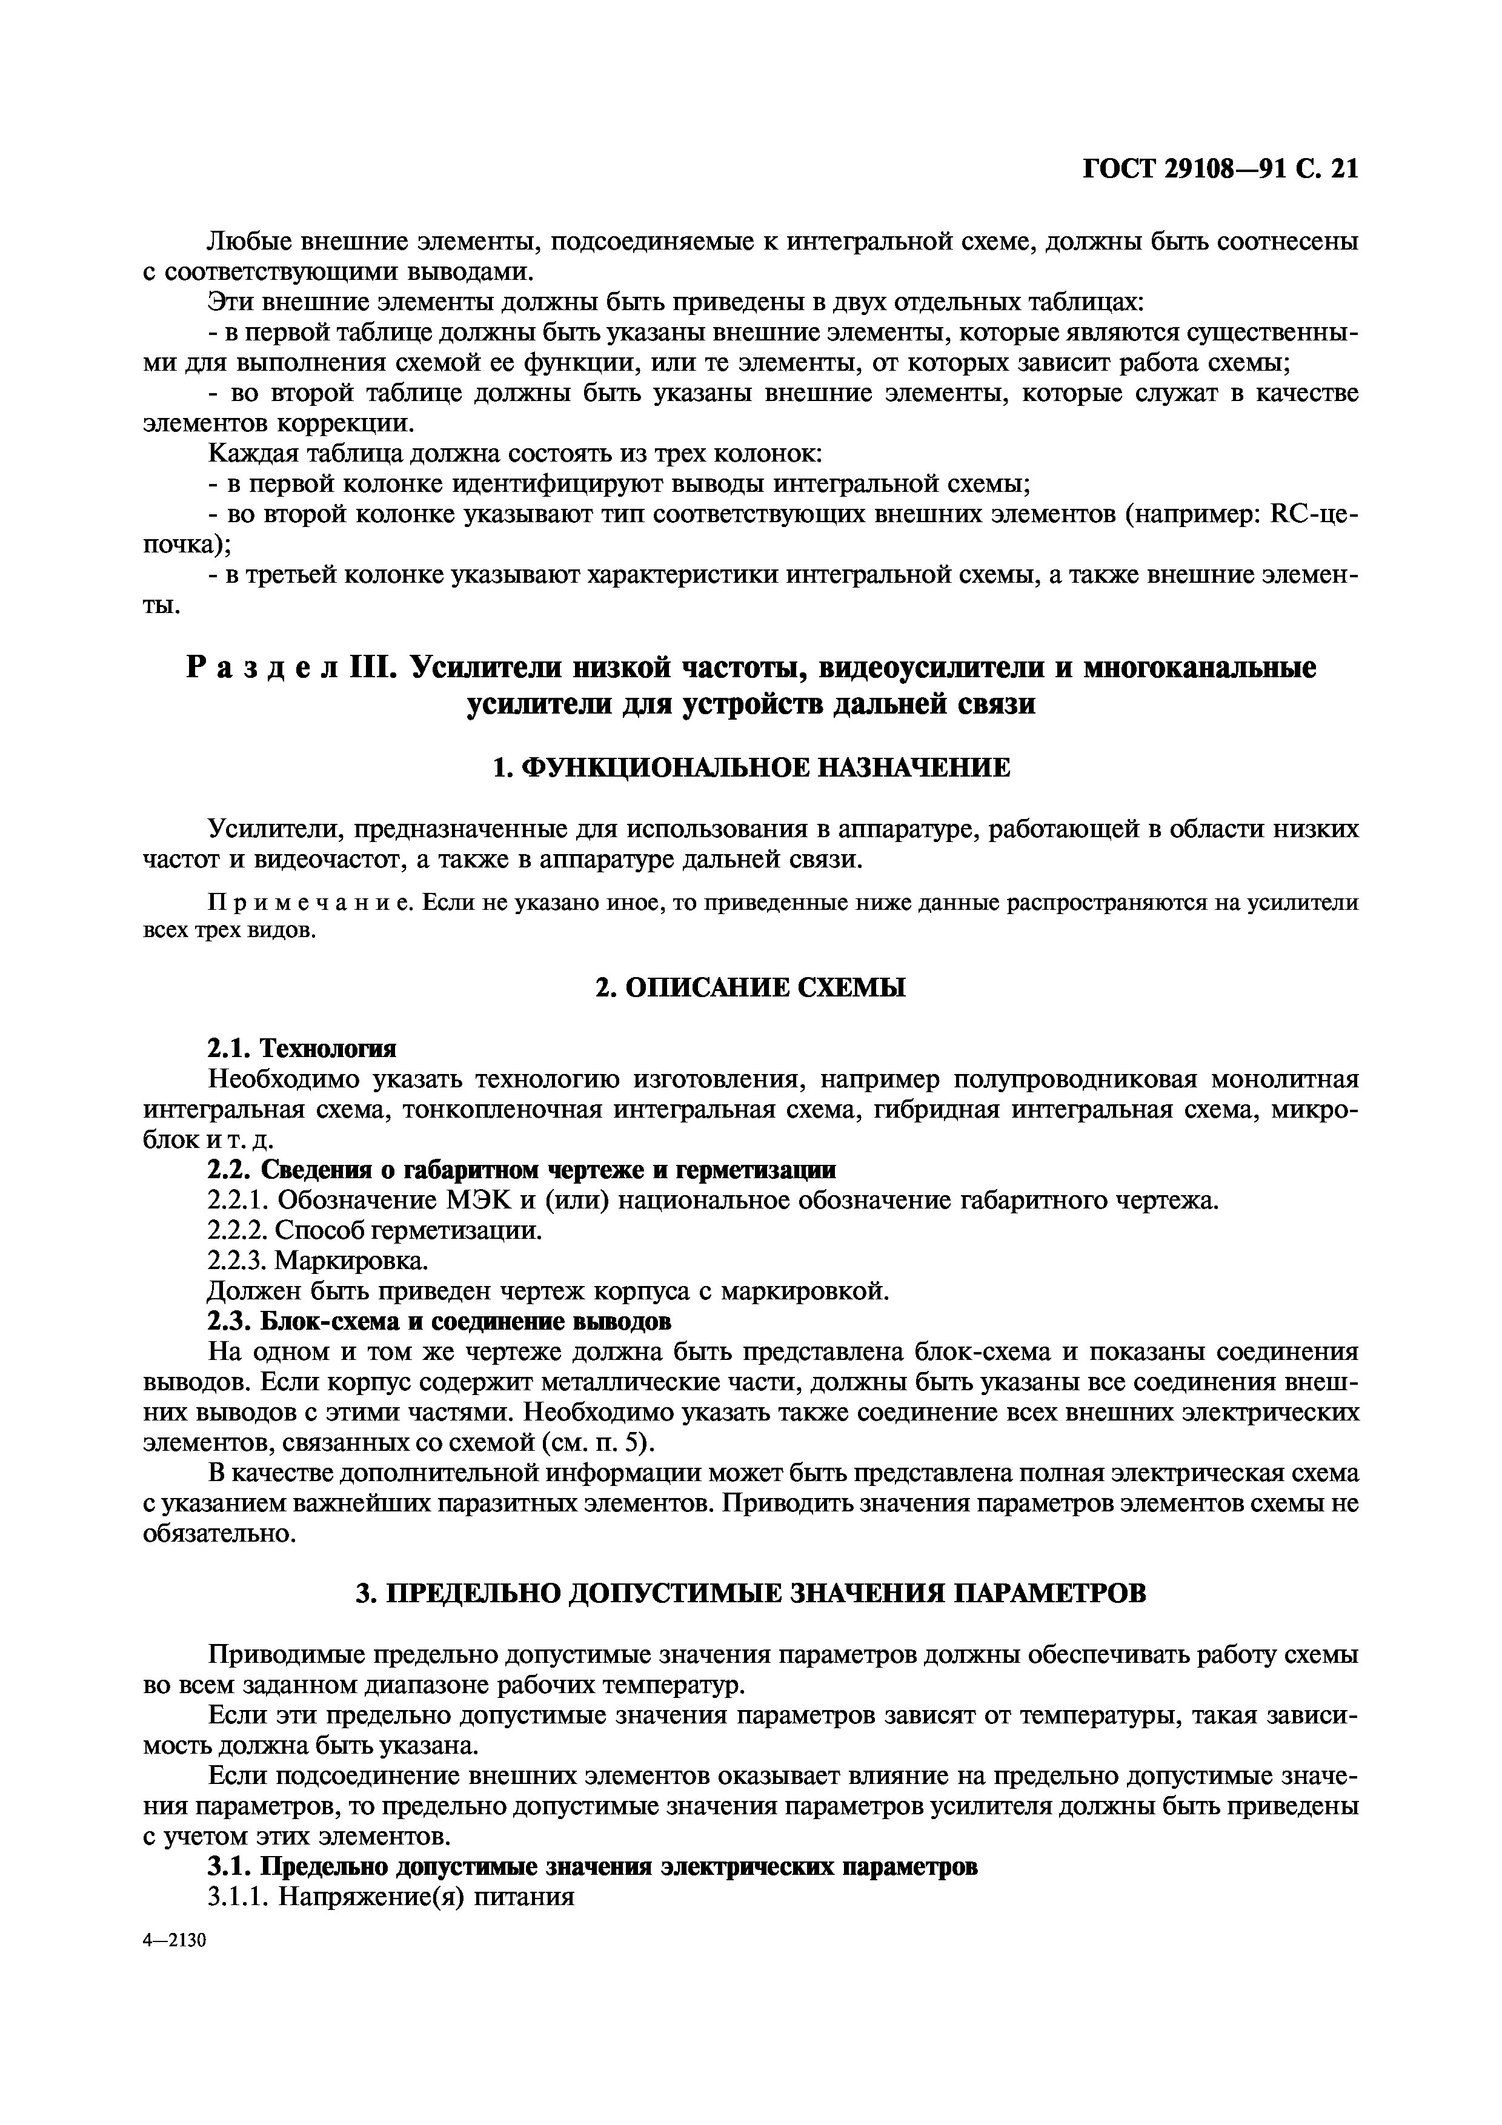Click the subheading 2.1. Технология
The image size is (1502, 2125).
coord(302,1049)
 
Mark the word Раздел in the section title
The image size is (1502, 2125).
coord(262,668)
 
